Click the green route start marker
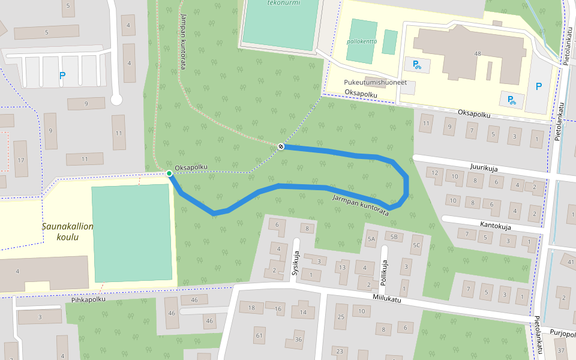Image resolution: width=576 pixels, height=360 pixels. tap(169, 173)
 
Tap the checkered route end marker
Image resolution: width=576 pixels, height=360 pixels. tap(281, 146)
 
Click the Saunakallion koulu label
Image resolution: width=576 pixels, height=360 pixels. tap(68, 232)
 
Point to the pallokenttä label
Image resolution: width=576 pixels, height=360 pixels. tap(362, 41)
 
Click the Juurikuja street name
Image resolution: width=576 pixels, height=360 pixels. tap(485, 169)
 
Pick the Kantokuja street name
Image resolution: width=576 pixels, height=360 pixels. tap(495, 226)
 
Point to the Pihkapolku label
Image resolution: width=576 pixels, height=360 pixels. tap(88, 299)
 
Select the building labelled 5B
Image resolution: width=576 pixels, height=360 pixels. tap(394, 237)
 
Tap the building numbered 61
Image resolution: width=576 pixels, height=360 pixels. tap(259, 335)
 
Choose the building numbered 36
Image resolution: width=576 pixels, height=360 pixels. tap(298, 340)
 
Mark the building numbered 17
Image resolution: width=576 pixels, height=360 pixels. tap(21, 160)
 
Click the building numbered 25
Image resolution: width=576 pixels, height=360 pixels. tap(341, 317)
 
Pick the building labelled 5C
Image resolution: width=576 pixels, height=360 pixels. tap(416, 245)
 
